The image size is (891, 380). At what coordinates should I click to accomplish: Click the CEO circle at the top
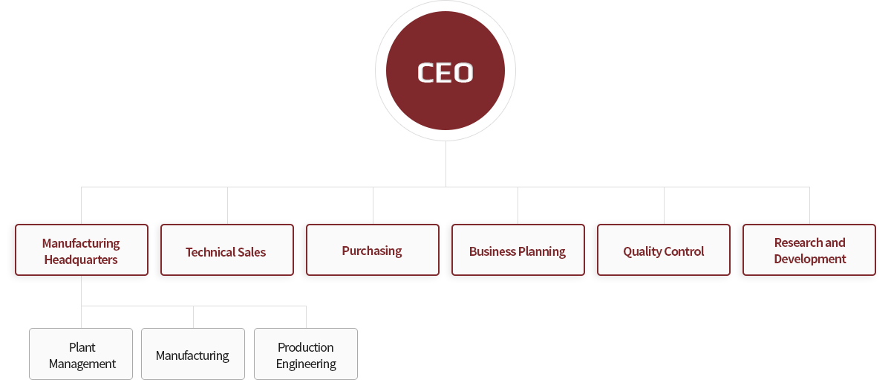446,72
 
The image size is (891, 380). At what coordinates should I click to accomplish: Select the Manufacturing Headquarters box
82,251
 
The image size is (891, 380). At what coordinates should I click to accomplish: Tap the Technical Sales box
226,251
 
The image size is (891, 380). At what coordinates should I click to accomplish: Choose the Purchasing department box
372,251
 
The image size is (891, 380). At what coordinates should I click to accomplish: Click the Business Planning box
518,251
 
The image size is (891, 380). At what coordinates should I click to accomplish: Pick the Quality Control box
663,251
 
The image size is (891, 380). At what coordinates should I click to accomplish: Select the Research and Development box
809,251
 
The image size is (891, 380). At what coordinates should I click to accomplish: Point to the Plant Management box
82,355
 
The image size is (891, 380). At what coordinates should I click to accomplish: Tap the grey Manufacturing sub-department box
192,355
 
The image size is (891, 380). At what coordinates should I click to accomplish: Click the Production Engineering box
306,355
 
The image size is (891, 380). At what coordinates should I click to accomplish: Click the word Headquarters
81,260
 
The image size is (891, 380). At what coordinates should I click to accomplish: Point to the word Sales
251,252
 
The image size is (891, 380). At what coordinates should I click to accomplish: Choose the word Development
809,260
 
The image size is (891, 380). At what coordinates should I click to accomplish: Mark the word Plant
82,347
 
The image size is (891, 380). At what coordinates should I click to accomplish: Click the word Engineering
306,364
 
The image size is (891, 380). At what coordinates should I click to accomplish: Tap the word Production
306,347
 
